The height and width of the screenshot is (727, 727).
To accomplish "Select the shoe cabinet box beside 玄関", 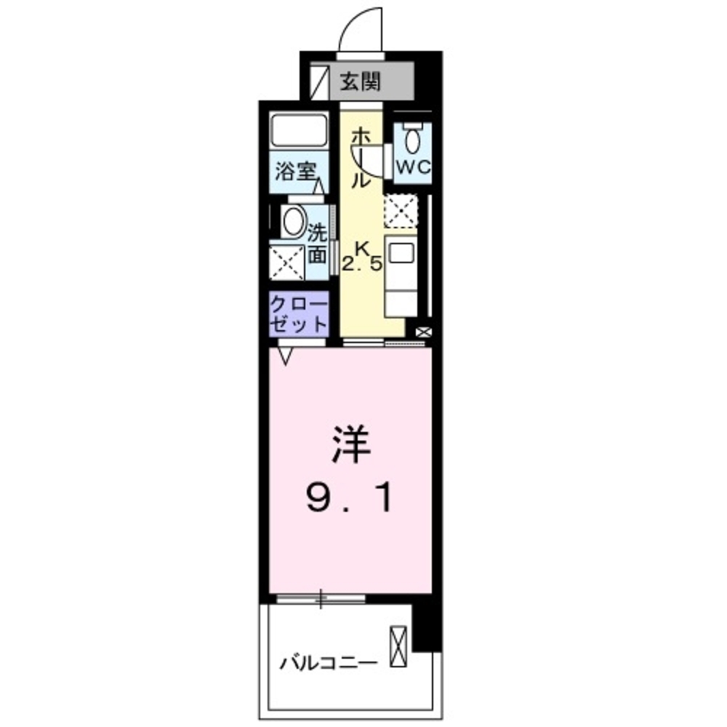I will pyautogui.click(x=319, y=81).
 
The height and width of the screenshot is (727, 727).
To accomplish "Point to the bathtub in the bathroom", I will pyautogui.click(x=300, y=132).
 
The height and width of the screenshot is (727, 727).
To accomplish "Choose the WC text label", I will pyautogui.click(x=413, y=166).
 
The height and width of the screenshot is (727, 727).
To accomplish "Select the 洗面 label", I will pyautogui.click(x=317, y=244).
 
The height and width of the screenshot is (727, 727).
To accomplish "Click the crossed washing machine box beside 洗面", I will pyautogui.click(x=287, y=262).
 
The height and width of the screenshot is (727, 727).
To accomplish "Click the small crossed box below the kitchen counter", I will pyautogui.click(x=423, y=333).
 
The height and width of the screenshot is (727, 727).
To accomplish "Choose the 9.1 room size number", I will pyautogui.click(x=353, y=499).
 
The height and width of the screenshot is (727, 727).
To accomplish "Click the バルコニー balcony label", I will pyautogui.click(x=329, y=663).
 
